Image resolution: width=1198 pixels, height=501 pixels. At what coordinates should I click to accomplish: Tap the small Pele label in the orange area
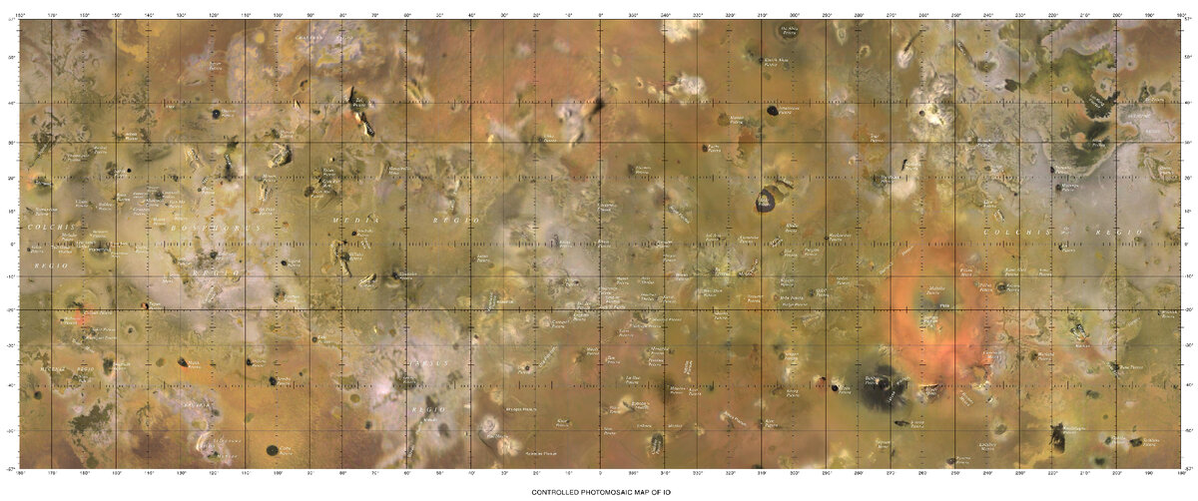pos(944,305)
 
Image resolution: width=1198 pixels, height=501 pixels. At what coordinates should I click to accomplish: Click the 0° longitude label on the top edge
pos(600,14)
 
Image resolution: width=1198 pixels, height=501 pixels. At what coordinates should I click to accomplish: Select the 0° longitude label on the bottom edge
pos(600,470)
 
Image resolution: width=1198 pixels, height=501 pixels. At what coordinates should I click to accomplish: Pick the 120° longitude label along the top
pos(215,14)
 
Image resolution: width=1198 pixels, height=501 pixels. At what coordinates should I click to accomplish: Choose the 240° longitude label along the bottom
pos(987,470)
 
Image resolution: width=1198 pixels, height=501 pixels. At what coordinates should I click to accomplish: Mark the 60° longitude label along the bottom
pos(407,470)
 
